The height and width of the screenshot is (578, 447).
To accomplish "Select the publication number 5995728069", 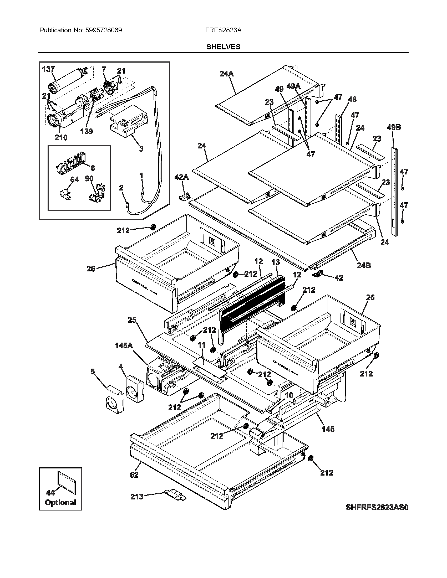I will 103,30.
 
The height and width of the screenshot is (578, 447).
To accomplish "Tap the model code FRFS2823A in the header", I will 223,30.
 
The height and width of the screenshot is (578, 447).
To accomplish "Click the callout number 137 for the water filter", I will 48,69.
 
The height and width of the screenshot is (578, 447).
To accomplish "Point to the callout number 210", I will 61,137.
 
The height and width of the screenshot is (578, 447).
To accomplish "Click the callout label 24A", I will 227,74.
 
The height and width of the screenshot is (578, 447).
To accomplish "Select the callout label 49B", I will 394,127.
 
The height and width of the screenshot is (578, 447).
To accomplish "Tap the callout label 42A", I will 181,177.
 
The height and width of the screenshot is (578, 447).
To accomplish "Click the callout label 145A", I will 124,346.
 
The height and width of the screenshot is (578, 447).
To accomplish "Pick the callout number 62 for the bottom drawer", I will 134,475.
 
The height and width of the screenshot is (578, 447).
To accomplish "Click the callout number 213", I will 137,497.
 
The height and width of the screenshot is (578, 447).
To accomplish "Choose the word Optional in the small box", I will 60,503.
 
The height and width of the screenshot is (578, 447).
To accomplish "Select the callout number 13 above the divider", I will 276,262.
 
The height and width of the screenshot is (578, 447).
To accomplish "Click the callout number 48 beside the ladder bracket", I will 352,100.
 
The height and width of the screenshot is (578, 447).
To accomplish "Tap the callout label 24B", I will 364,265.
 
